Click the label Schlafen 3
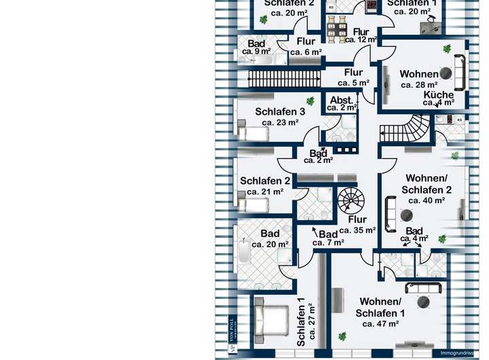click(280, 112)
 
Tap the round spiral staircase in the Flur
click(351, 200)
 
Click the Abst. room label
click(341, 99)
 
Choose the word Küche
click(439, 94)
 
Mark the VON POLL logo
click(232, 340)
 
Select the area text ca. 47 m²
click(381, 324)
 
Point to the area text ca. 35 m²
click(358, 230)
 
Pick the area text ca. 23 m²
click(280, 123)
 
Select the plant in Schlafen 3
click(310, 101)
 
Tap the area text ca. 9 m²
click(257, 52)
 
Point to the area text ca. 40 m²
click(427, 200)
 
